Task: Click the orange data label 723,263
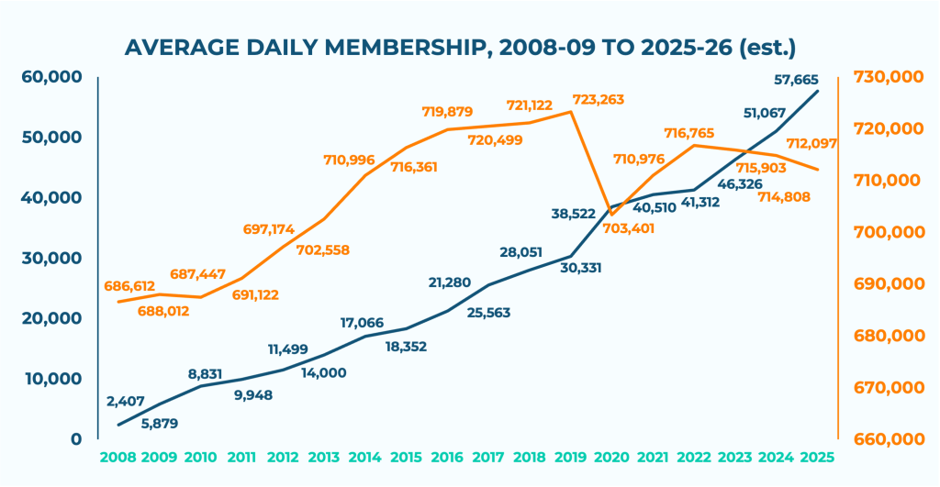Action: coord(599,99)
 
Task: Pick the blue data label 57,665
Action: coord(795,80)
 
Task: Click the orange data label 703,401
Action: coord(625,228)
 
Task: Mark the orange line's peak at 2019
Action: coord(571,111)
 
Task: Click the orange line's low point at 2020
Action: coord(610,215)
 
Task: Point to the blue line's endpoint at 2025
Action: coord(817,91)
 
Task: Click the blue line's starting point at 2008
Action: coord(117,425)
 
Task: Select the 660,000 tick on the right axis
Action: coord(888,439)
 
